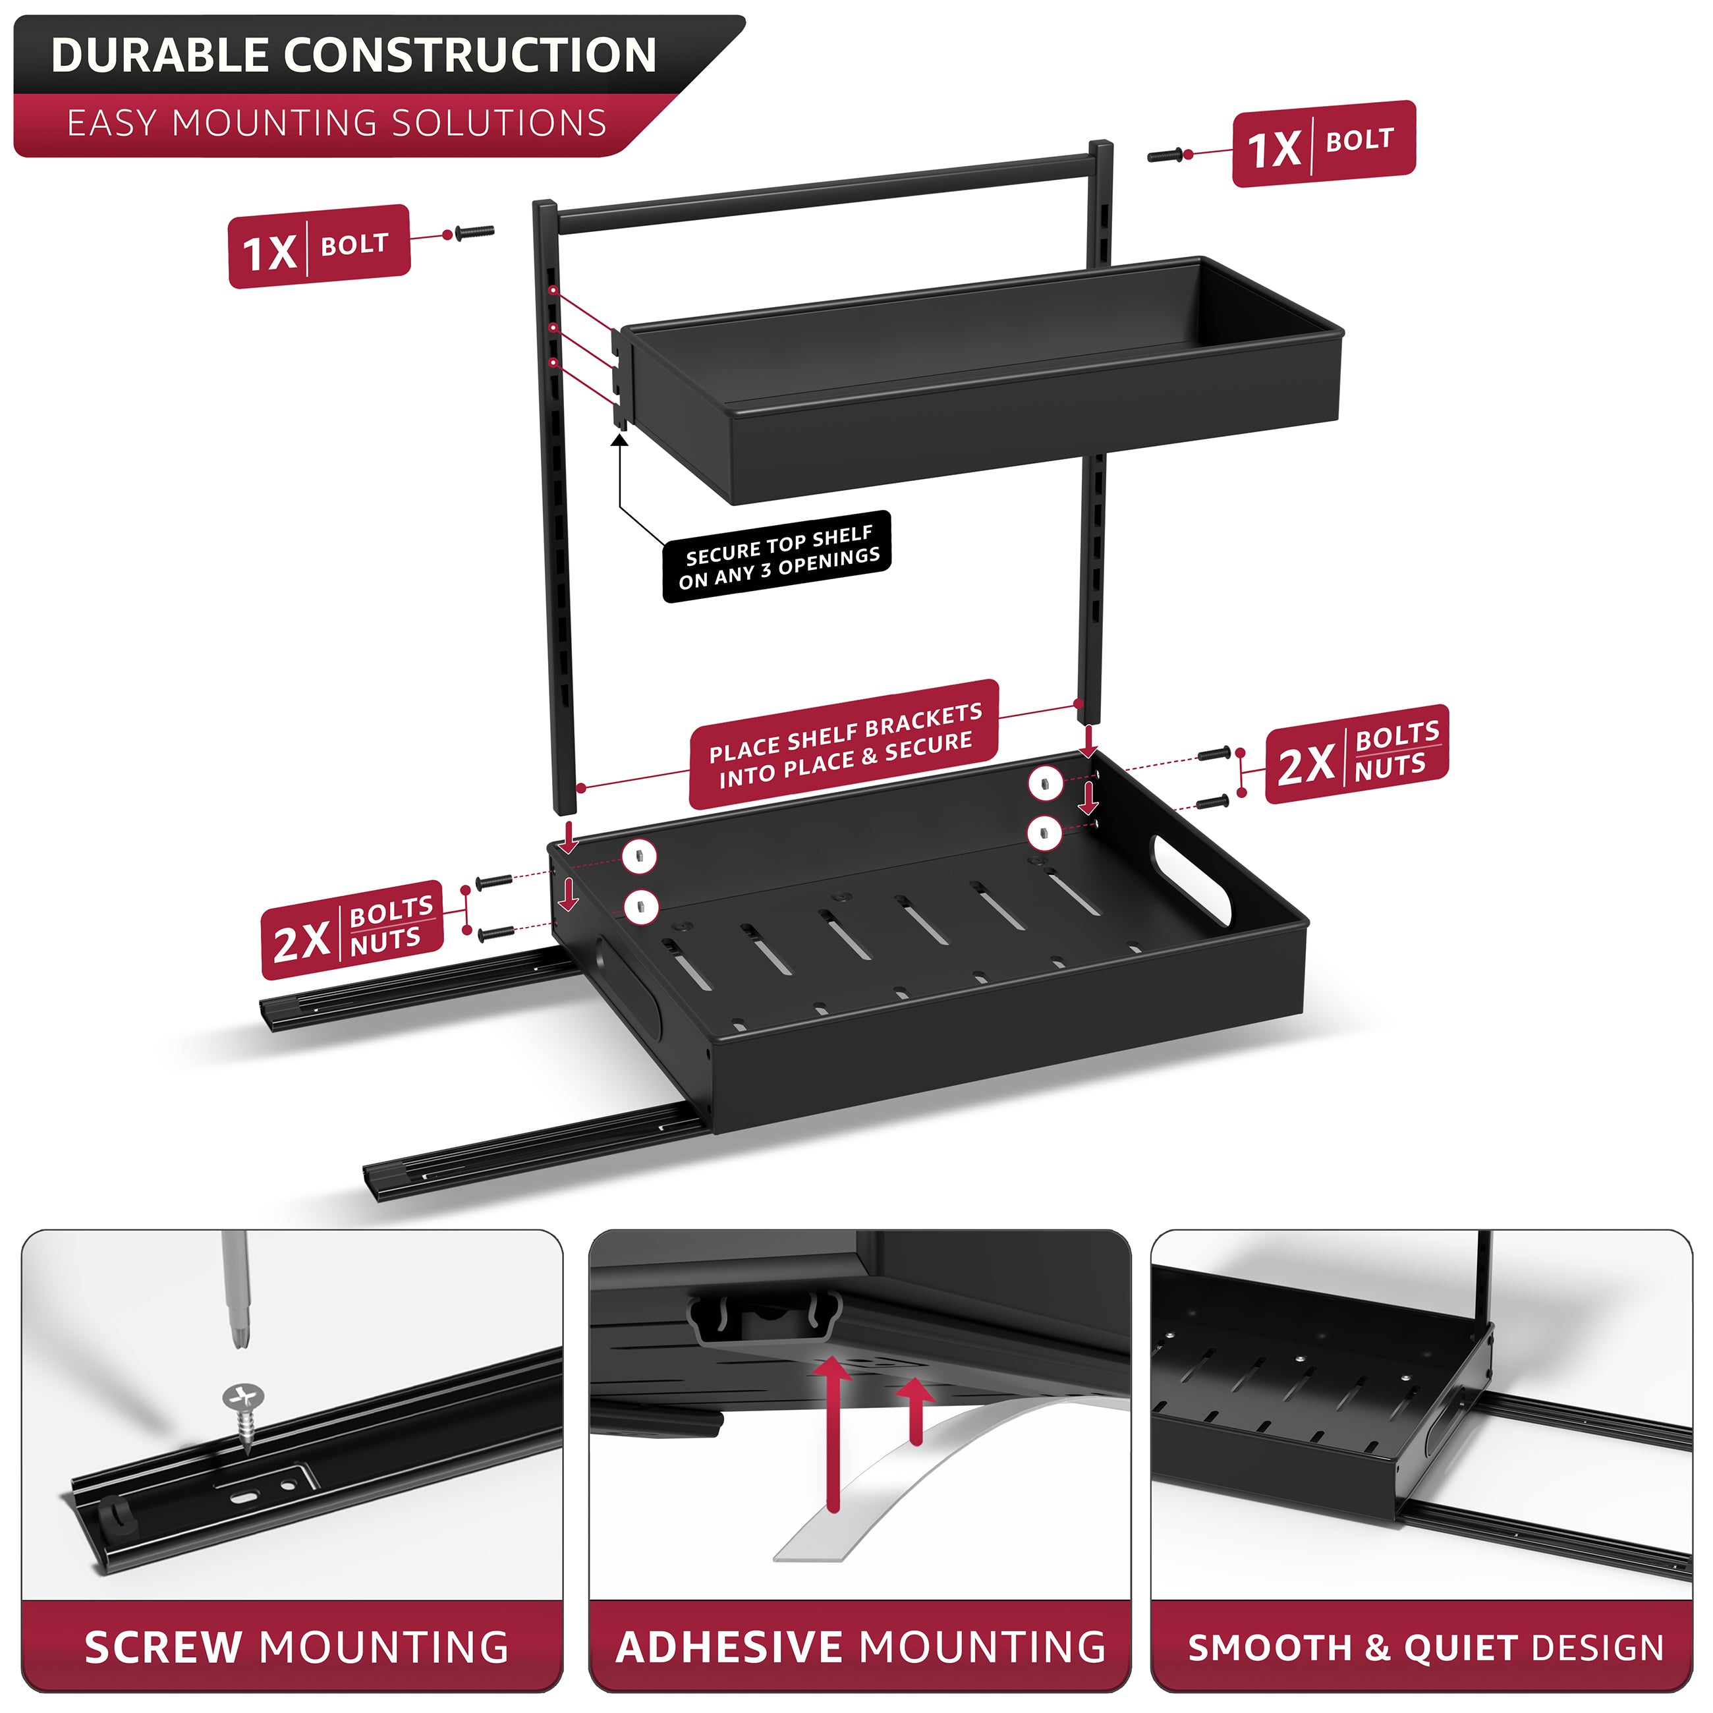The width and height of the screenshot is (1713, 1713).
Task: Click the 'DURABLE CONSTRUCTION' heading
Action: coord(354,55)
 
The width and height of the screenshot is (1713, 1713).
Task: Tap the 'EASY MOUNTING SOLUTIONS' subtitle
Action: coord(337,123)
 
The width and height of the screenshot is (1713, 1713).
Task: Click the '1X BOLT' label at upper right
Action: coord(1324,144)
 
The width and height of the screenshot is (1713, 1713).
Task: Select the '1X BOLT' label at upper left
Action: coord(319,246)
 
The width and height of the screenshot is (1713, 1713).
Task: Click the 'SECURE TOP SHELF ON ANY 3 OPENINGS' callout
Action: coord(777,557)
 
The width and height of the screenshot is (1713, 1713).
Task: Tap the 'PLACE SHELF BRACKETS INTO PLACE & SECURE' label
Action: coord(844,744)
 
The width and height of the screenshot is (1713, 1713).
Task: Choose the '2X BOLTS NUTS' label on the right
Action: coord(1357,754)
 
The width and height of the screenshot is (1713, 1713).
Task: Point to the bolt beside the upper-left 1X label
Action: coord(474,233)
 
